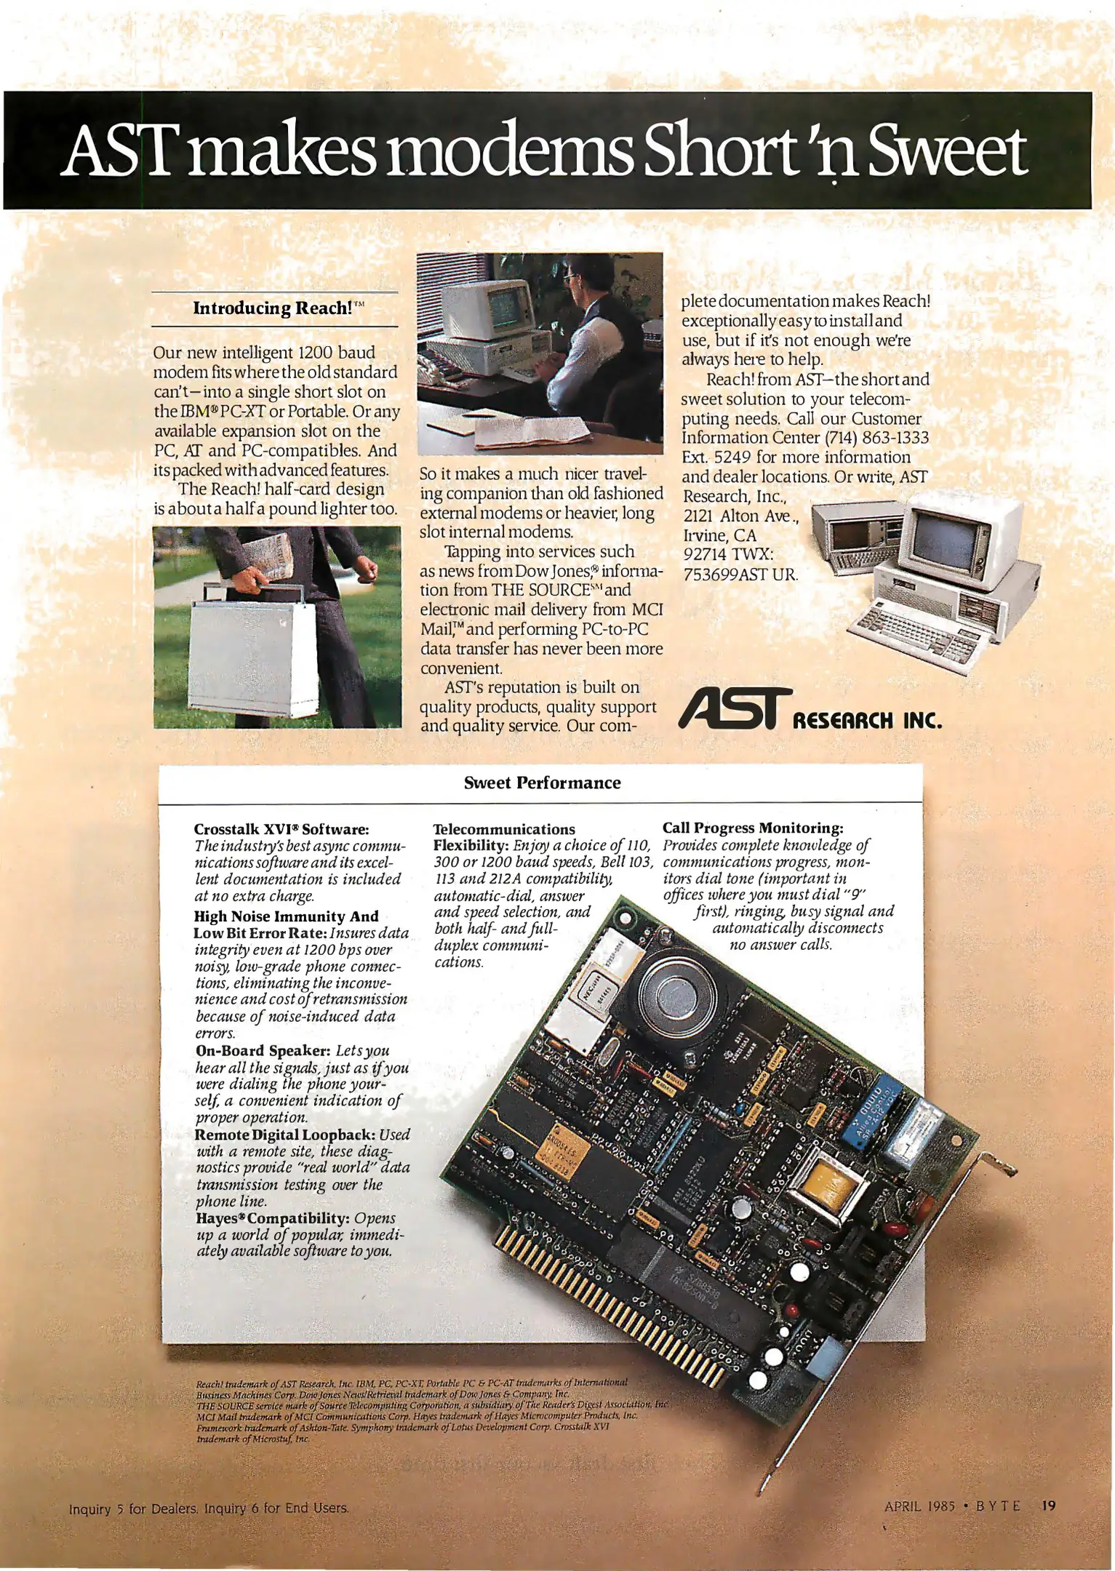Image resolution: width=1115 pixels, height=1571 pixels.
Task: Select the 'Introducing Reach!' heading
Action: (x=273, y=308)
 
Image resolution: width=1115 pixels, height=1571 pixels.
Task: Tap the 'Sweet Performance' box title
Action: (x=542, y=783)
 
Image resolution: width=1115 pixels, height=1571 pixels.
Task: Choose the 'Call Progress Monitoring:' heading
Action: (x=753, y=828)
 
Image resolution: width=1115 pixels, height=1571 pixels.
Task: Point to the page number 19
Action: (x=1048, y=1506)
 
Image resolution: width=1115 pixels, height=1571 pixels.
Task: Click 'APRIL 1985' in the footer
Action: (x=919, y=1506)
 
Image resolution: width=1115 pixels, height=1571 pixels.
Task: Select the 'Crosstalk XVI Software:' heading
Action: (x=281, y=829)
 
